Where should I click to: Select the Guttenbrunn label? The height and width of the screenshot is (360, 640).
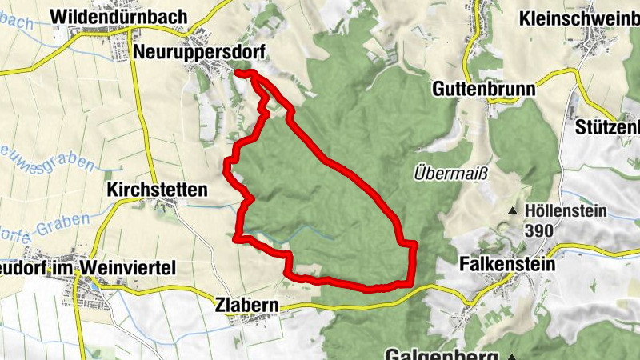pyautogui.click(x=485, y=88)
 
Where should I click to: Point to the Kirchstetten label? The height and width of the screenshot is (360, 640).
pyautogui.click(x=157, y=190)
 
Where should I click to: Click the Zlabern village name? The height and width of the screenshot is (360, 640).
pyautogui.click(x=246, y=306)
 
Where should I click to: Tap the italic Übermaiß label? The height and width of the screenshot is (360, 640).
pyautogui.click(x=444, y=172)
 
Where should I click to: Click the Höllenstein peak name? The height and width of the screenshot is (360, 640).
pyautogui.click(x=566, y=211)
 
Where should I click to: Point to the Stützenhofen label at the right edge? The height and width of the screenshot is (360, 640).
pyautogui.click(x=608, y=127)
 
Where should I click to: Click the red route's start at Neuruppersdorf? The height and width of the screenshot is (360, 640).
pyautogui.click(x=238, y=73)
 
